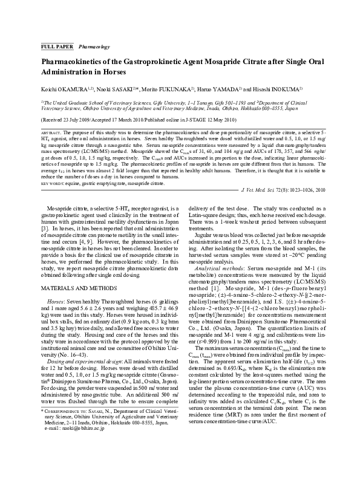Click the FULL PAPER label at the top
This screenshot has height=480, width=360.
click(56, 46)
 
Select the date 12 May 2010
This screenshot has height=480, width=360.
click(249, 121)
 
